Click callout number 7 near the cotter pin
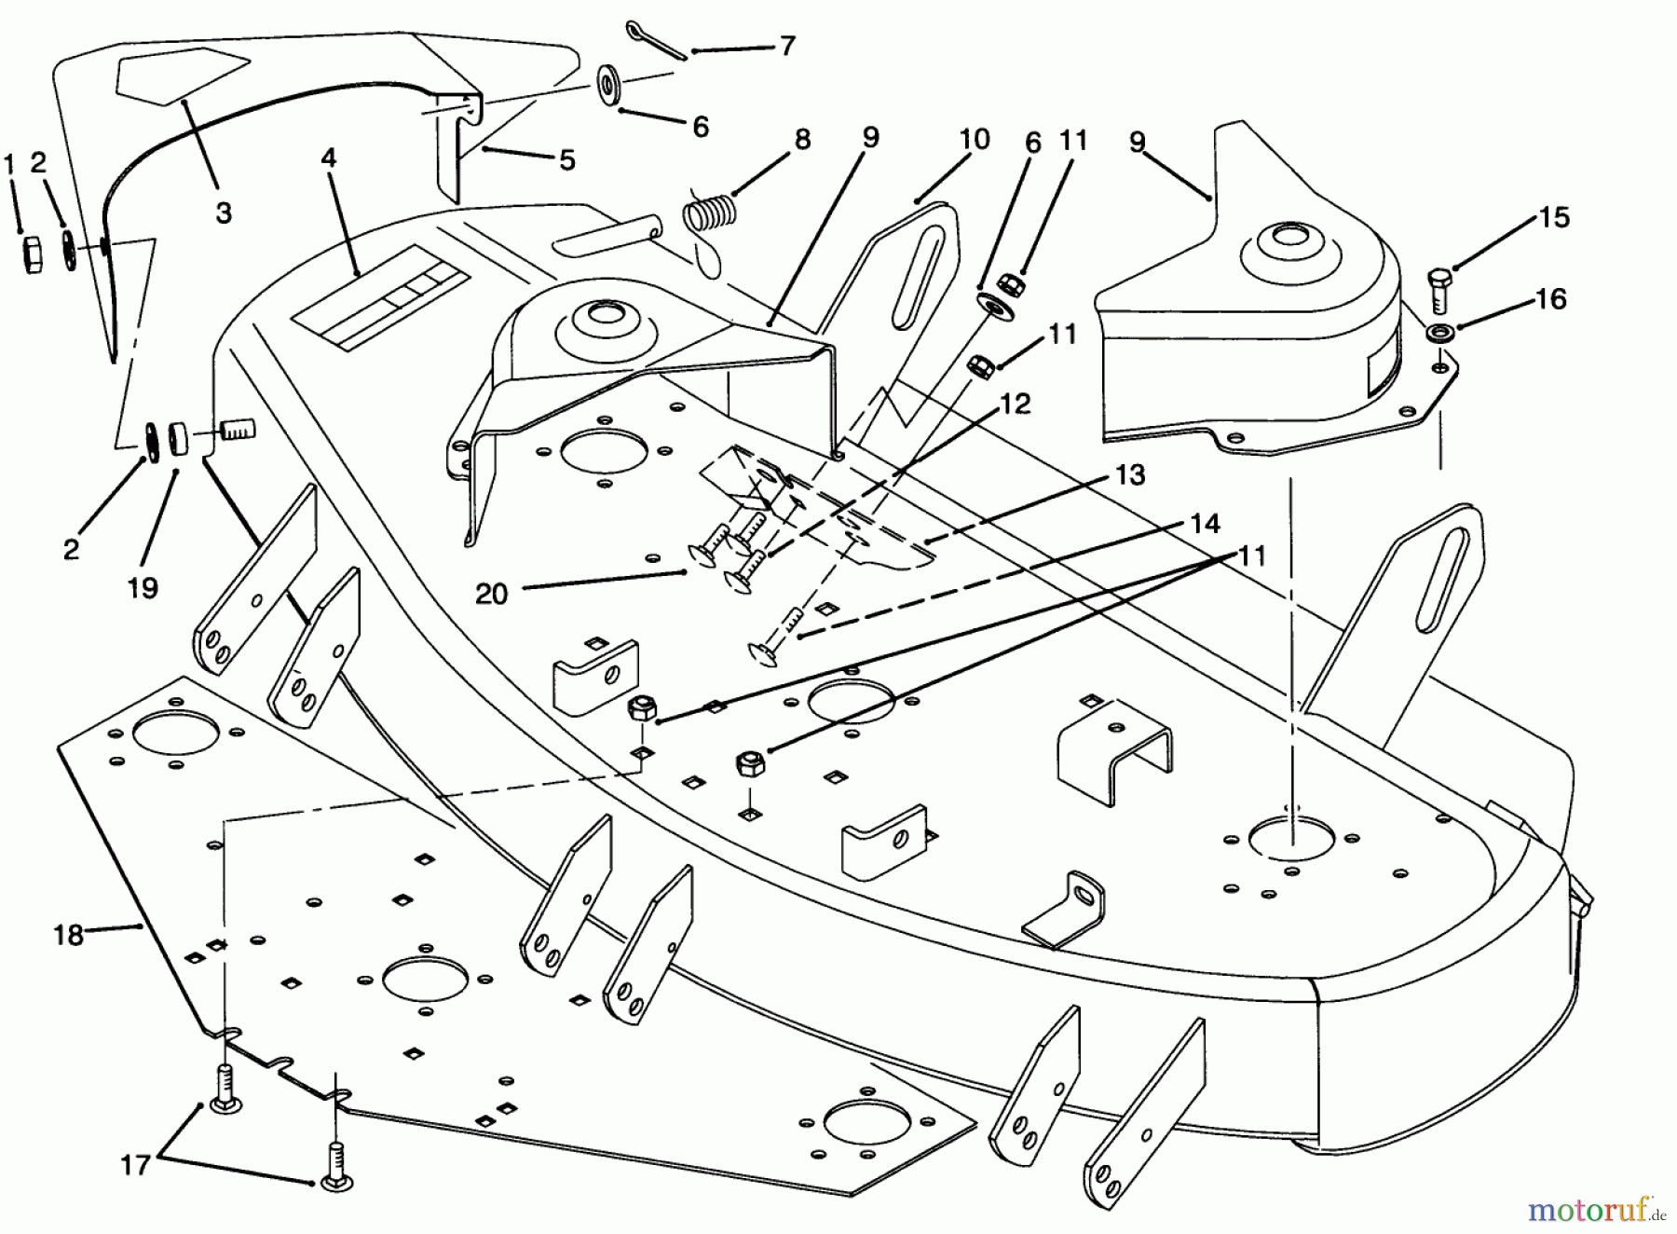787,45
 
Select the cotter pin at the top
656,39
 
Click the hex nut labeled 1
31,254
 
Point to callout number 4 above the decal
328,158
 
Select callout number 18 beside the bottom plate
68,935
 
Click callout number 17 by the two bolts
135,1164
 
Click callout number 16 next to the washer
1550,298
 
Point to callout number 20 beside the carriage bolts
491,593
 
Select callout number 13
1130,474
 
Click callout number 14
1205,524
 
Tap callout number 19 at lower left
143,587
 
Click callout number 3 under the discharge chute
224,213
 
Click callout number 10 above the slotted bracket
974,140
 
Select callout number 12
1016,404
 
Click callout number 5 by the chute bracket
567,160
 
